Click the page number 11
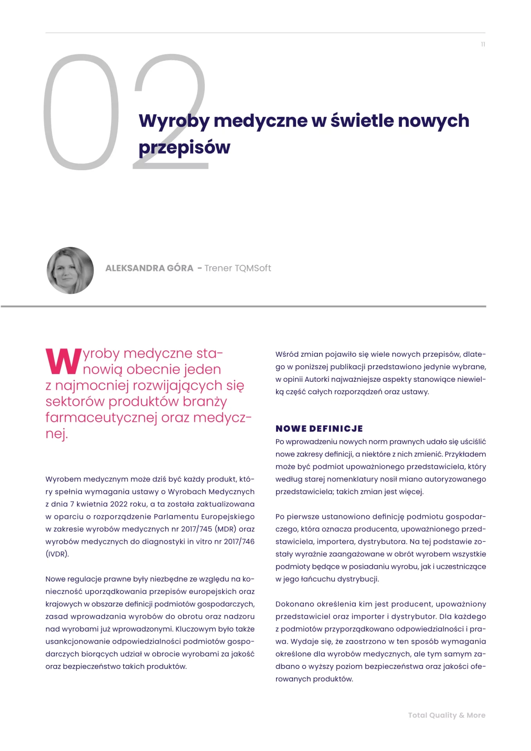[483, 45]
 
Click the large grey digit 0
[81, 112]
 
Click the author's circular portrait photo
[70, 270]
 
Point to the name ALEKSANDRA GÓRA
[149, 268]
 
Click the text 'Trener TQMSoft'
[238, 268]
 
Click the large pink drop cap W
[63, 361]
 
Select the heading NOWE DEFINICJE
[319, 429]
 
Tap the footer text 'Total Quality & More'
[447, 715]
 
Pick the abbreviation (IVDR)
[57, 554]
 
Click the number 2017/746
[239, 542]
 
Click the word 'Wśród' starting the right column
[287, 354]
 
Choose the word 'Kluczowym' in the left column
[198, 629]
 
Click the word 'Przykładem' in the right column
[465, 454]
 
